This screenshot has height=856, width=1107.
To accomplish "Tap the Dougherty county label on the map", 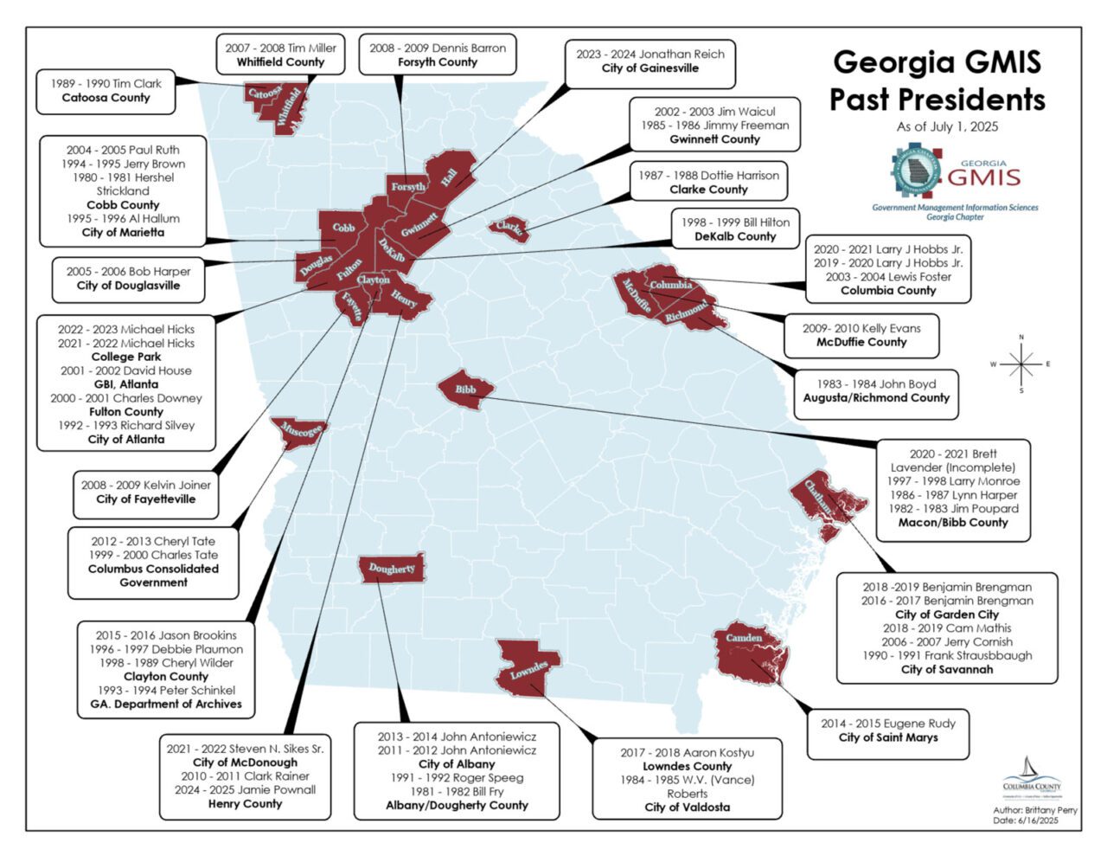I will (x=392, y=569).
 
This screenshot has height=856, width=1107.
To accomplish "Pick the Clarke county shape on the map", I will (x=509, y=228).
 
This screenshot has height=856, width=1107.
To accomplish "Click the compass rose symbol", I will (x=1021, y=364).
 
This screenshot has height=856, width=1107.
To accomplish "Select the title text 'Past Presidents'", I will (x=937, y=100).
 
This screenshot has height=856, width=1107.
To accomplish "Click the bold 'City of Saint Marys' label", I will (x=888, y=737).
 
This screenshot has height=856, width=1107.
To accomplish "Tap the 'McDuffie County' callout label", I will (x=861, y=342).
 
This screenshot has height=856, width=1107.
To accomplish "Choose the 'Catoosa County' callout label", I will (x=106, y=98).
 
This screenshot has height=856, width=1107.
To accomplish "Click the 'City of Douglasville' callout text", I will (x=128, y=285).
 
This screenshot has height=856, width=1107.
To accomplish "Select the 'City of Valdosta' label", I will (x=687, y=807).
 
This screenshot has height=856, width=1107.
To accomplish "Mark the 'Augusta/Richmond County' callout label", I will (x=876, y=397).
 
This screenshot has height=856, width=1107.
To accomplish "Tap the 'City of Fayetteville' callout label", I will (x=145, y=499).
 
